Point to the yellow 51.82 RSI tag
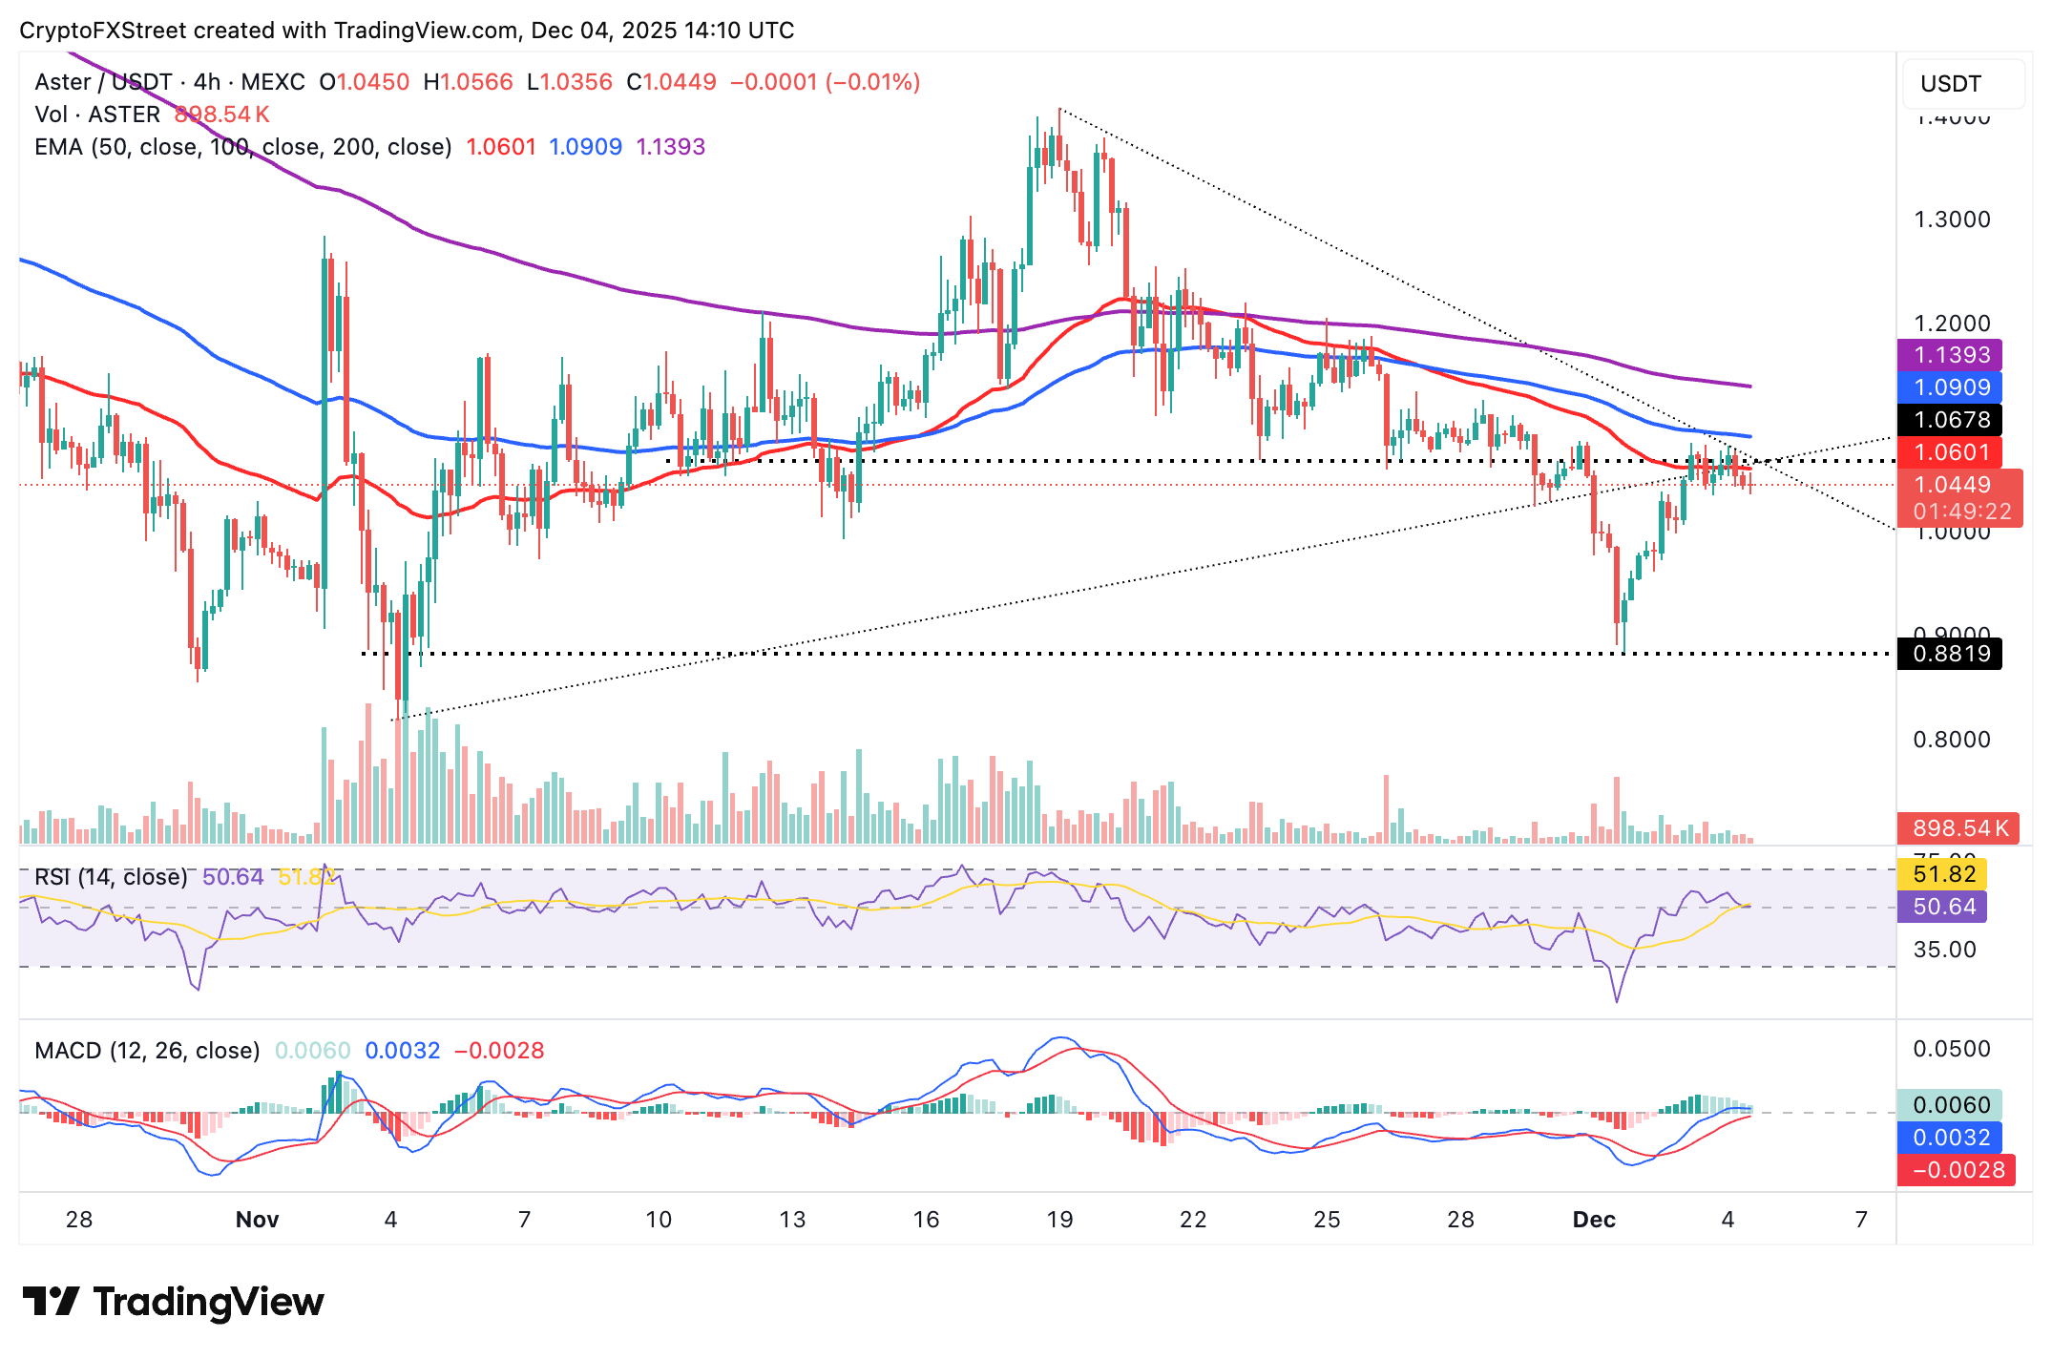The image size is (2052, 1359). tap(1943, 874)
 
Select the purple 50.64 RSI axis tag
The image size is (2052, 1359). tap(1943, 907)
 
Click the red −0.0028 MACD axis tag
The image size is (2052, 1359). tap(1957, 1170)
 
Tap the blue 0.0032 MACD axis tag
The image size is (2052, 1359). tap(1951, 1138)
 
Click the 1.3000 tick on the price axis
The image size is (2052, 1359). tap(1951, 220)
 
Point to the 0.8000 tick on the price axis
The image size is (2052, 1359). tap(1951, 740)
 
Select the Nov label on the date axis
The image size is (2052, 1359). tap(257, 1220)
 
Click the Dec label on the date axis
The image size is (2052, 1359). tap(1594, 1220)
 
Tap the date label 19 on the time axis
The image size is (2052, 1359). tap(1059, 1220)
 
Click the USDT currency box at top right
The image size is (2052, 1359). tap(1962, 84)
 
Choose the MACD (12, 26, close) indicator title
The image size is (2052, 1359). tap(147, 1051)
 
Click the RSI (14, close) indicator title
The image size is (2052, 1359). tap(111, 877)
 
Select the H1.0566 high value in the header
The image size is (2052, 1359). tap(468, 82)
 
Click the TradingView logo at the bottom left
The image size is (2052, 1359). tap(173, 1302)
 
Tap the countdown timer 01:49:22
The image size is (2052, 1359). tap(1961, 512)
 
